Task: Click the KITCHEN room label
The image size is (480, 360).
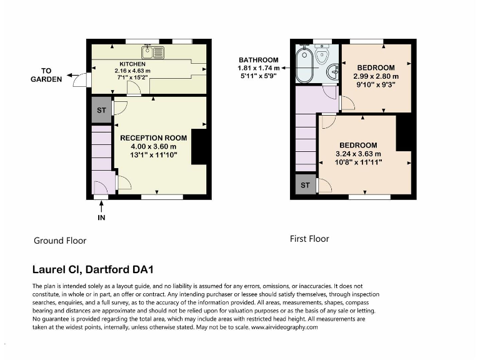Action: [132, 64]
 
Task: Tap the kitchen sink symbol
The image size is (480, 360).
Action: [152, 52]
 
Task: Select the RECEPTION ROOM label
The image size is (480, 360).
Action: [153, 137]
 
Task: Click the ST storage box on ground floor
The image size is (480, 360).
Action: [101, 110]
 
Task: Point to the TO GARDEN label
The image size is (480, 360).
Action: [47, 75]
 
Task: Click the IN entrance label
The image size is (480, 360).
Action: [101, 217]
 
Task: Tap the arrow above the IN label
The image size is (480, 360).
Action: [101, 207]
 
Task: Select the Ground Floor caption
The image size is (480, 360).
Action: [59, 241]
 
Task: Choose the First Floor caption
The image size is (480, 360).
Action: [309, 239]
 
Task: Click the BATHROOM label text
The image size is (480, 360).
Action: [257, 60]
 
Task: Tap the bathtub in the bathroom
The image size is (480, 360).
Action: [306, 66]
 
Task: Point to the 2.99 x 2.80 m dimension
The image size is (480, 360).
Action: [376, 76]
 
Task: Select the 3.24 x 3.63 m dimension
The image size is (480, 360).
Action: [358, 154]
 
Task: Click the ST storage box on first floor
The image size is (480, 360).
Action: [305, 186]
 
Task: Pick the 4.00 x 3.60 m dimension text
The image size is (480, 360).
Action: [153, 146]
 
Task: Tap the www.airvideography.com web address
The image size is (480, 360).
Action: [285, 327]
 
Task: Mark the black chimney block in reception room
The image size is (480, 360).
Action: [198, 147]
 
